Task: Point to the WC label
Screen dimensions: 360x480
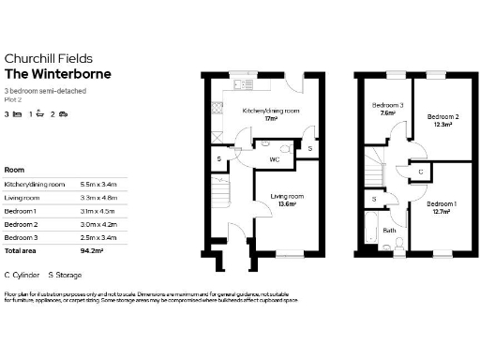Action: (275, 159)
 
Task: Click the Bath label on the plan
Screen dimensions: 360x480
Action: (389, 230)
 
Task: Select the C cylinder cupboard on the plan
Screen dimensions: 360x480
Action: (421, 172)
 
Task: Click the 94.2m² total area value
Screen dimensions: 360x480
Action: (91, 251)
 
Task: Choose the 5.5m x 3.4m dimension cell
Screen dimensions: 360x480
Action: (99, 186)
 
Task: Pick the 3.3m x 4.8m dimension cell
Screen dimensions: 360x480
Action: (99, 199)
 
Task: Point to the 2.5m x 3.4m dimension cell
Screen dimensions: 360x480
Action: (99, 238)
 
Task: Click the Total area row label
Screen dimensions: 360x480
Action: (22, 251)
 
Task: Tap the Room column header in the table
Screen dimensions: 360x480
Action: (14, 170)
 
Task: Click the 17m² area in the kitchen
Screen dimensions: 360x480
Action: (271, 119)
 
